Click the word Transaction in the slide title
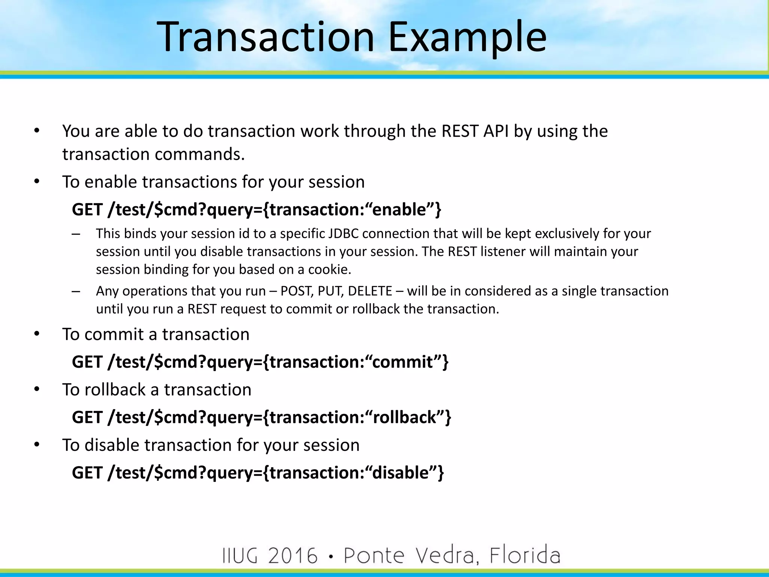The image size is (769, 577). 265,37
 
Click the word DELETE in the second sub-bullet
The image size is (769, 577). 370,291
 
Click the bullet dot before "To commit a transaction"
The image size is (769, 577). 36,334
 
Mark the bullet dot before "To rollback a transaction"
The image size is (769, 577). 36,389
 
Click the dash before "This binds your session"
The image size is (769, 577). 76,234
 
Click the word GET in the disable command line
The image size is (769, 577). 87,473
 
